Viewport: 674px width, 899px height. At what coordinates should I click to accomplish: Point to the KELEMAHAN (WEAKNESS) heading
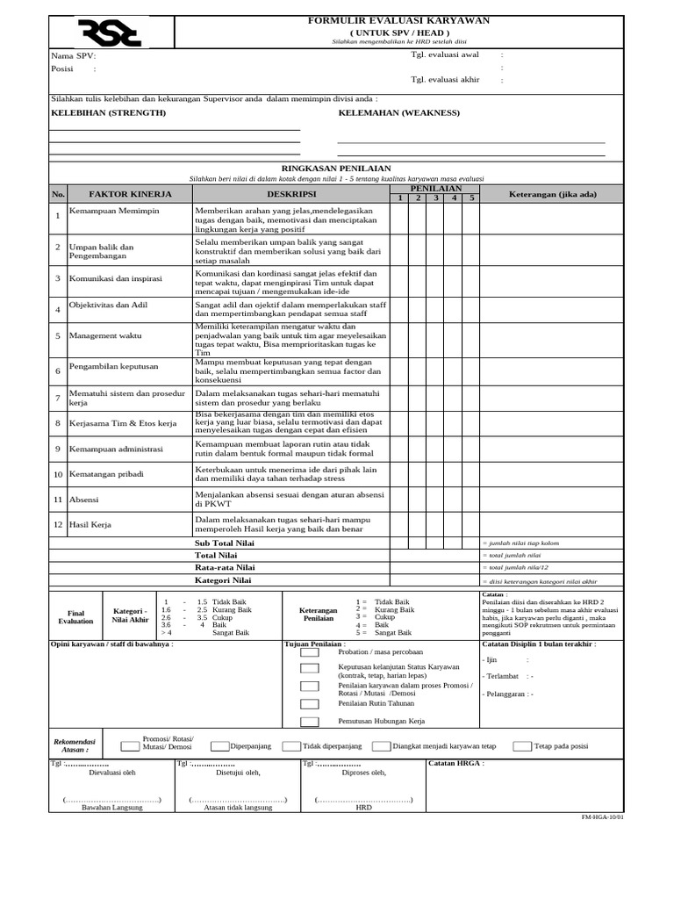(x=398, y=113)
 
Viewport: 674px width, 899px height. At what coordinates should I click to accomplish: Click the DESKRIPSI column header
(x=291, y=193)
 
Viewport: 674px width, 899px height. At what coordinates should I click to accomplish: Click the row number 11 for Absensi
(x=57, y=499)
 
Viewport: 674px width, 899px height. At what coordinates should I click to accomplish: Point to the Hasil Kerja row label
(x=89, y=524)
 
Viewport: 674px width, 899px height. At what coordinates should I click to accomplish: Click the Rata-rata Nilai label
(x=225, y=568)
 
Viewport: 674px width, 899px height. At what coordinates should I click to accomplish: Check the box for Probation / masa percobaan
(x=310, y=652)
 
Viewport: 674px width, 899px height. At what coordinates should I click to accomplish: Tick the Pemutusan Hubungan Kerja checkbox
(x=310, y=721)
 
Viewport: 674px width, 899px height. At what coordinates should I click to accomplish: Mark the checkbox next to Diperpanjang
(x=219, y=746)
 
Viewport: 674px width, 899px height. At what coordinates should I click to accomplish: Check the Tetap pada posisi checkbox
(x=522, y=746)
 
